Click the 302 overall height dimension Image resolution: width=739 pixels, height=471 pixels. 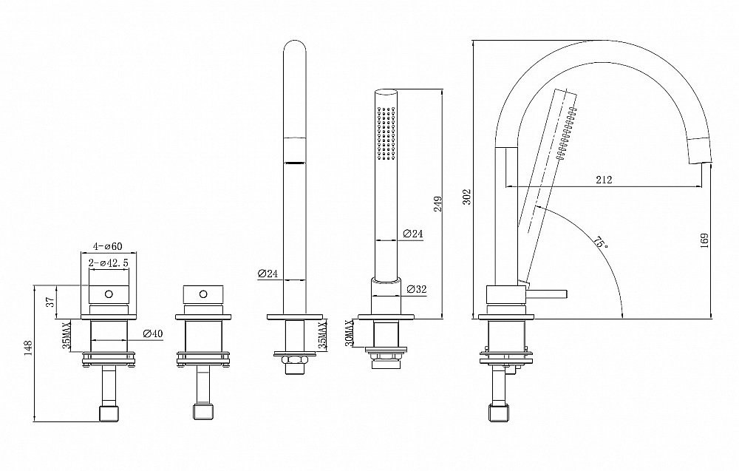(x=466, y=197)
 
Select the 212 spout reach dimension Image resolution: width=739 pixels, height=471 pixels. (x=604, y=179)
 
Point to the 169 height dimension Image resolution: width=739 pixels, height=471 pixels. (x=704, y=240)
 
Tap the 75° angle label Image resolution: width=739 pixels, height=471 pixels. (x=600, y=243)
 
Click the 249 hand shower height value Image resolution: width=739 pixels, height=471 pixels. (x=437, y=203)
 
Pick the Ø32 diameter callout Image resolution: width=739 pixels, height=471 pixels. (x=416, y=290)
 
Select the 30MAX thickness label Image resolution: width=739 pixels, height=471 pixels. (x=349, y=333)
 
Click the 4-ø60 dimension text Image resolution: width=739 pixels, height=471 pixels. (x=107, y=246)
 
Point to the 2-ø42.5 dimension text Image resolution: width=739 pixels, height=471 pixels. (x=109, y=263)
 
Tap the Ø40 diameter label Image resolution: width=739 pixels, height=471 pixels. (x=152, y=333)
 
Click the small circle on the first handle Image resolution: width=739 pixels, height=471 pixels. (x=109, y=294)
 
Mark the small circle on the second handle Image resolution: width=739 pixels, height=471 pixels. (x=203, y=294)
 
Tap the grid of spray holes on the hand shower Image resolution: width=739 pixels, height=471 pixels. (x=386, y=132)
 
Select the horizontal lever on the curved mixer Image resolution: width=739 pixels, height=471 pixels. (x=546, y=294)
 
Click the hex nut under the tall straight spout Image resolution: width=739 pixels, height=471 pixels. (x=295, y=360)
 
